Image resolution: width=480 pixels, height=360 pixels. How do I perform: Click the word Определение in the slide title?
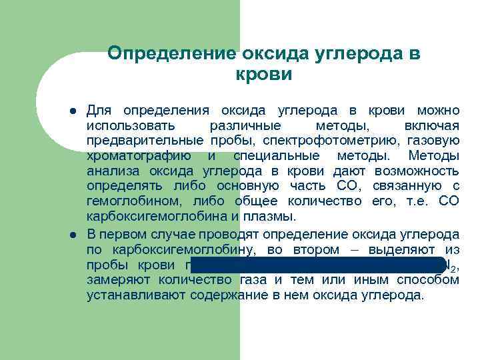pyautogui.click(x=172, y=53)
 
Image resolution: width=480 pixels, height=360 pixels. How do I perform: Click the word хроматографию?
pyautogui.click(x=140, y=156)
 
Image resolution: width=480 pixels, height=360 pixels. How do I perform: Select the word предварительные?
pyautogui.click(x=144, y=141)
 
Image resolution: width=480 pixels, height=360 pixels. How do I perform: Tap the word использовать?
pyautogui.click(x=131, y=125)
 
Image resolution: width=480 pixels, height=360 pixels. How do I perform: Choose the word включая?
pyautogui.click(x=431, y=125)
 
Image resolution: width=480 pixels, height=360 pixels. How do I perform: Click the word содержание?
pyautogui.click(x=227, y=295)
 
